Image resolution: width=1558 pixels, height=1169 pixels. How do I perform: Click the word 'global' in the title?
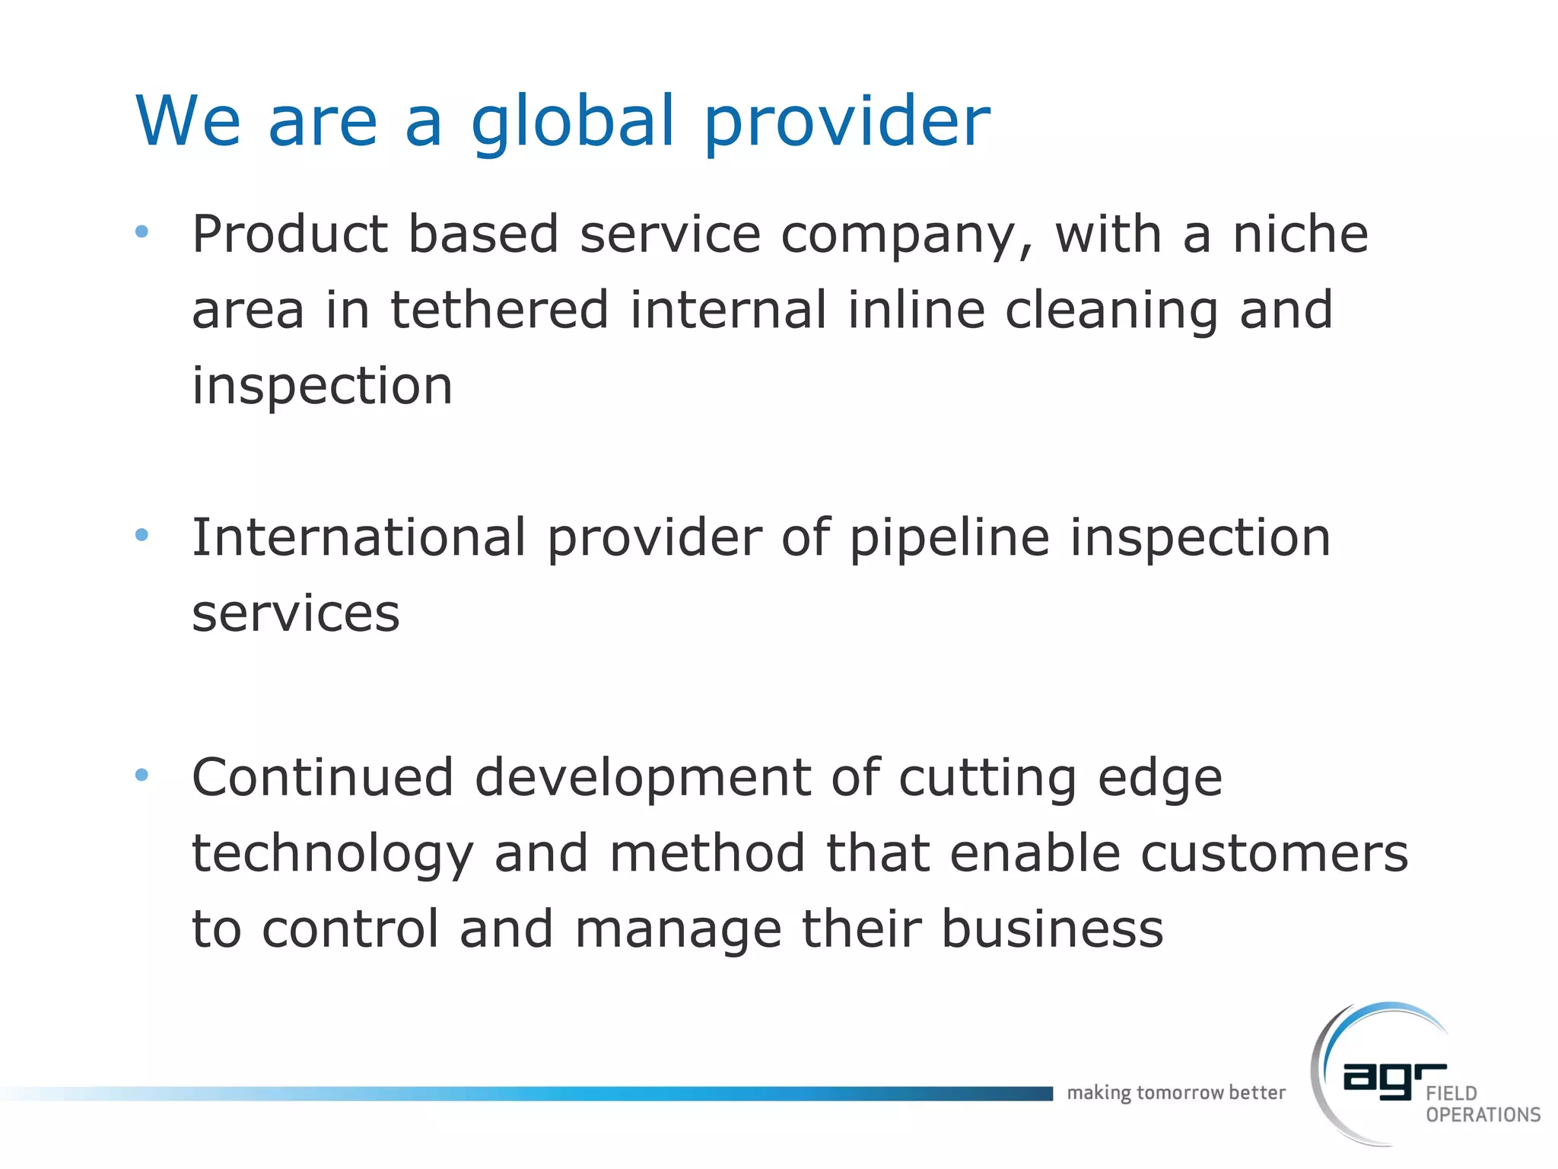[573, 122]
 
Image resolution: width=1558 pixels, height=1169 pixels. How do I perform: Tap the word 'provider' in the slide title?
[847, 122]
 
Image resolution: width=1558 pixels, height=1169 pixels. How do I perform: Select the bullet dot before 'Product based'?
[141, 231]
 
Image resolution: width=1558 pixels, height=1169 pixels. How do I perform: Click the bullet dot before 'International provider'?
[141, 536]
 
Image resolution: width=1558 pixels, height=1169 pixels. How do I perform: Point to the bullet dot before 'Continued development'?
[141, 776]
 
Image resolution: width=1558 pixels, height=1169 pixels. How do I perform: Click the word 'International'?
[359, 537]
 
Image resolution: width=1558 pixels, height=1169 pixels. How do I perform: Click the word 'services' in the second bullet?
[296, 613]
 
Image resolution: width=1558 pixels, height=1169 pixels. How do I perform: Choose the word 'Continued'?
[323, 777]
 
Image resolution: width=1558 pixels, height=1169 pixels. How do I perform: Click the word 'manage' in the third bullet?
[678, 930]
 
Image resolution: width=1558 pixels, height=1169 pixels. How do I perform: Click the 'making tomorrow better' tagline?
[1175, 1093]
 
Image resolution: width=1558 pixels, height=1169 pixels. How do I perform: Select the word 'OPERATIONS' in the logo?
[1483, 1115]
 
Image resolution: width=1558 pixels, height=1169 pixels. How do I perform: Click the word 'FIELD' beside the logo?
[1451, 1094]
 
